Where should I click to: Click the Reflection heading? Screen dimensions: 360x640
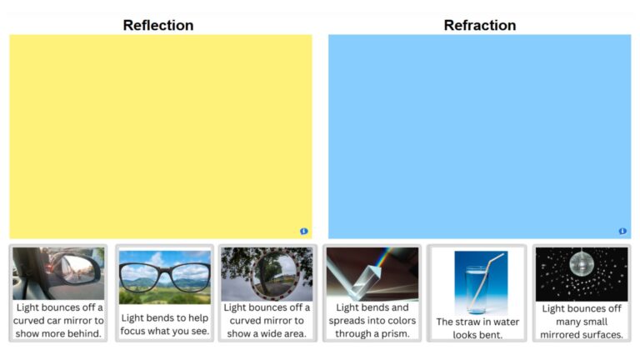158,25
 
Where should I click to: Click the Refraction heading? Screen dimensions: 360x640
479,25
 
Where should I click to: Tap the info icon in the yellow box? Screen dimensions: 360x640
304,231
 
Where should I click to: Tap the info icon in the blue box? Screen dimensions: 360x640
622,231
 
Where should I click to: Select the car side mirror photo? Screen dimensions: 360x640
58,273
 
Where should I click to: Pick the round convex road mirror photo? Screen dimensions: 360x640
267,273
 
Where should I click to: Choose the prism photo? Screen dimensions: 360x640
372,273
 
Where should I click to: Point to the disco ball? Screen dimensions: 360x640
581,265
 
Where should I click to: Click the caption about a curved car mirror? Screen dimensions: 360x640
58,321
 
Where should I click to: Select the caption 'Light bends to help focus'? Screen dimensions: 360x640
165,324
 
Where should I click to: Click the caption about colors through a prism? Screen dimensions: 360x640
372,321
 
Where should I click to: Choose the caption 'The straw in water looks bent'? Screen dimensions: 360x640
477,328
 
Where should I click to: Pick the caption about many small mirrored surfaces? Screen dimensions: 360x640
581,322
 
